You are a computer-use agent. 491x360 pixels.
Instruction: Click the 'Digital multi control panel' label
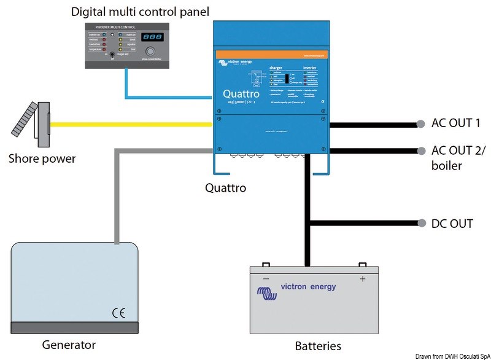pyautogui.click(x=140, y=12)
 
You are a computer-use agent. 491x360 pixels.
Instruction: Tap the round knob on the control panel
pyautogui.click(x=150, y=54)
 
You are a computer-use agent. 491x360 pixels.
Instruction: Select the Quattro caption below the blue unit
pyautogui.click(x=225, y=188)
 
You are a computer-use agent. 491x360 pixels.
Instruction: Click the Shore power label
pyautogui.click(x=42, y=158)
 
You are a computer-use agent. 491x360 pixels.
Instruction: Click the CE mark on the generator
pyautogui.click(x=118, y=311)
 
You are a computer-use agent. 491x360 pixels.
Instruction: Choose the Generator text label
pyautogui.click(x=69, y=344)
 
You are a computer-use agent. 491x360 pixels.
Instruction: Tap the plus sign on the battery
pyautogui.click(x=362, y=278)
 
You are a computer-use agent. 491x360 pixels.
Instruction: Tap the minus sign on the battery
pyautogui.click(x=266, y=278)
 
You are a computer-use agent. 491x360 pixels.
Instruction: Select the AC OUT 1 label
pyautogui.click(x=456, y=123)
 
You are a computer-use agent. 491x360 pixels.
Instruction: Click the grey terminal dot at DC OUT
pyautogui.click(x=420, y=224)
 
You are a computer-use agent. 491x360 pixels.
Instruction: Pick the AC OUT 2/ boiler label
pyautogui.click(x=457, y=158)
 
